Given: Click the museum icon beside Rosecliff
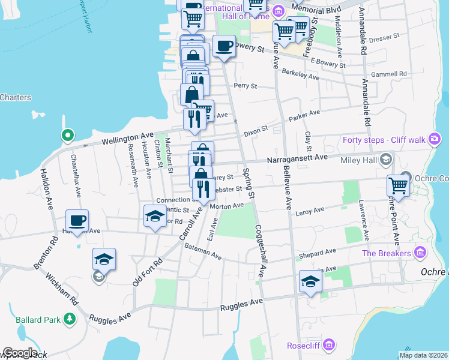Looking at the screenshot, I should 328,345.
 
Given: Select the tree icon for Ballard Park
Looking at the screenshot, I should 70,319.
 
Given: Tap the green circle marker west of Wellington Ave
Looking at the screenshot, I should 68,136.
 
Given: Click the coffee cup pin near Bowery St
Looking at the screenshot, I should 224,46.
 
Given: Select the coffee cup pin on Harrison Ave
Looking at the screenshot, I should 77,220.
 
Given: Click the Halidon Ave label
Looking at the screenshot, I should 45,188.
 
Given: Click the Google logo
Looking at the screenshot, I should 20,353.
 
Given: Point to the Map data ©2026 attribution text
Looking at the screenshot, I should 424,355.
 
